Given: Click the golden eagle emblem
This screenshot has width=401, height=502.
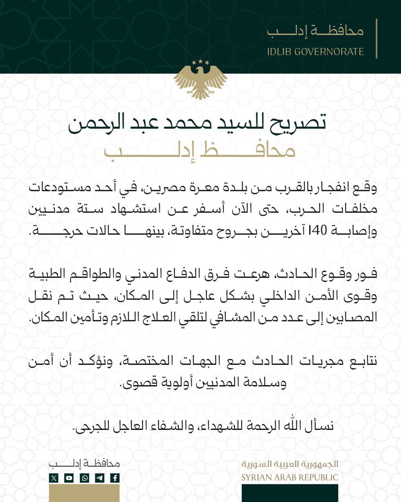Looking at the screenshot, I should click(200, 82).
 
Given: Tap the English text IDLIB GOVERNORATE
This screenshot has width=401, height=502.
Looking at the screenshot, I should click(315, 52).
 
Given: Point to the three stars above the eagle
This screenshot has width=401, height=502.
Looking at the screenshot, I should click(200, 62).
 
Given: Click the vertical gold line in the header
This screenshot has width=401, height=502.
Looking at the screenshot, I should click(376, 38).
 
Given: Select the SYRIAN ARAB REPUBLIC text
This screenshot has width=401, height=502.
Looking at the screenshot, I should click(290, 477).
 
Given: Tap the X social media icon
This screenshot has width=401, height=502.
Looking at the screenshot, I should click(54, 478).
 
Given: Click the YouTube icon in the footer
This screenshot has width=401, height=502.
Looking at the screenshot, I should click(69, 478).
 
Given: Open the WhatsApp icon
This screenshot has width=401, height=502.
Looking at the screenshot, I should click(84, 478).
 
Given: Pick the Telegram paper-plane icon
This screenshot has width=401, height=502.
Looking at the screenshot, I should click(99, 478).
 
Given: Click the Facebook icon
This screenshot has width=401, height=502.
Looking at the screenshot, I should click(115, 478).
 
